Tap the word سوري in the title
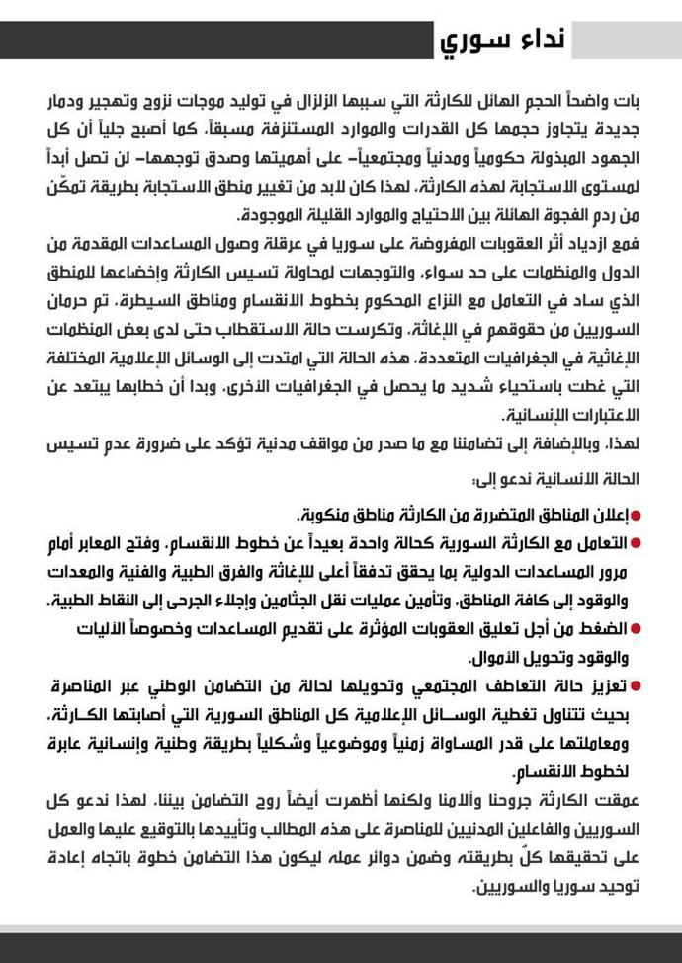pos(477,42)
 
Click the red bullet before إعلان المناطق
pos(636,516)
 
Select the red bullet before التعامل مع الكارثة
pos(636,543)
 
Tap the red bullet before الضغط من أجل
pos(636,628)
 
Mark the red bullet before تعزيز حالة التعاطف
pos(636,684)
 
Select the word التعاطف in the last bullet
pos(505,684)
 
